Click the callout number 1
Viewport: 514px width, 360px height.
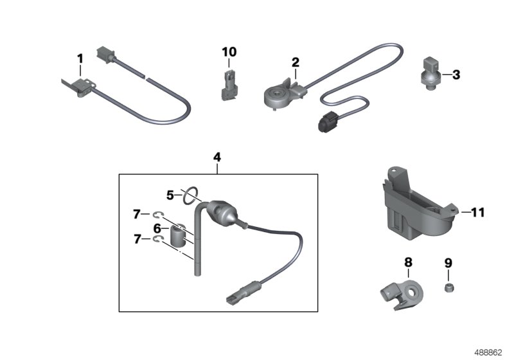[80, 59]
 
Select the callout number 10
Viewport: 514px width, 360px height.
[229, 51]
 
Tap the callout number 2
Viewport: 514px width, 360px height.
[296, 62]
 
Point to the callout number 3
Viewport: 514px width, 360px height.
[456, 75]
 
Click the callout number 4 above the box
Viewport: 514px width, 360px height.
[217, 157]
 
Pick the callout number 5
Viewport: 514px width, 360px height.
[170, 194]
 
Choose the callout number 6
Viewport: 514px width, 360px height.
[157, 228]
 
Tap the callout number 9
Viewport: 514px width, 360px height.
[448, 262]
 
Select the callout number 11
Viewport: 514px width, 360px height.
[477, 211]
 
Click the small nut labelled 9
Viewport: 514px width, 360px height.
[448, 287]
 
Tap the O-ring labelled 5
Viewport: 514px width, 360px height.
[189, 194]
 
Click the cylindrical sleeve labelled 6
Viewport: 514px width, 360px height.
[178, 235]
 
